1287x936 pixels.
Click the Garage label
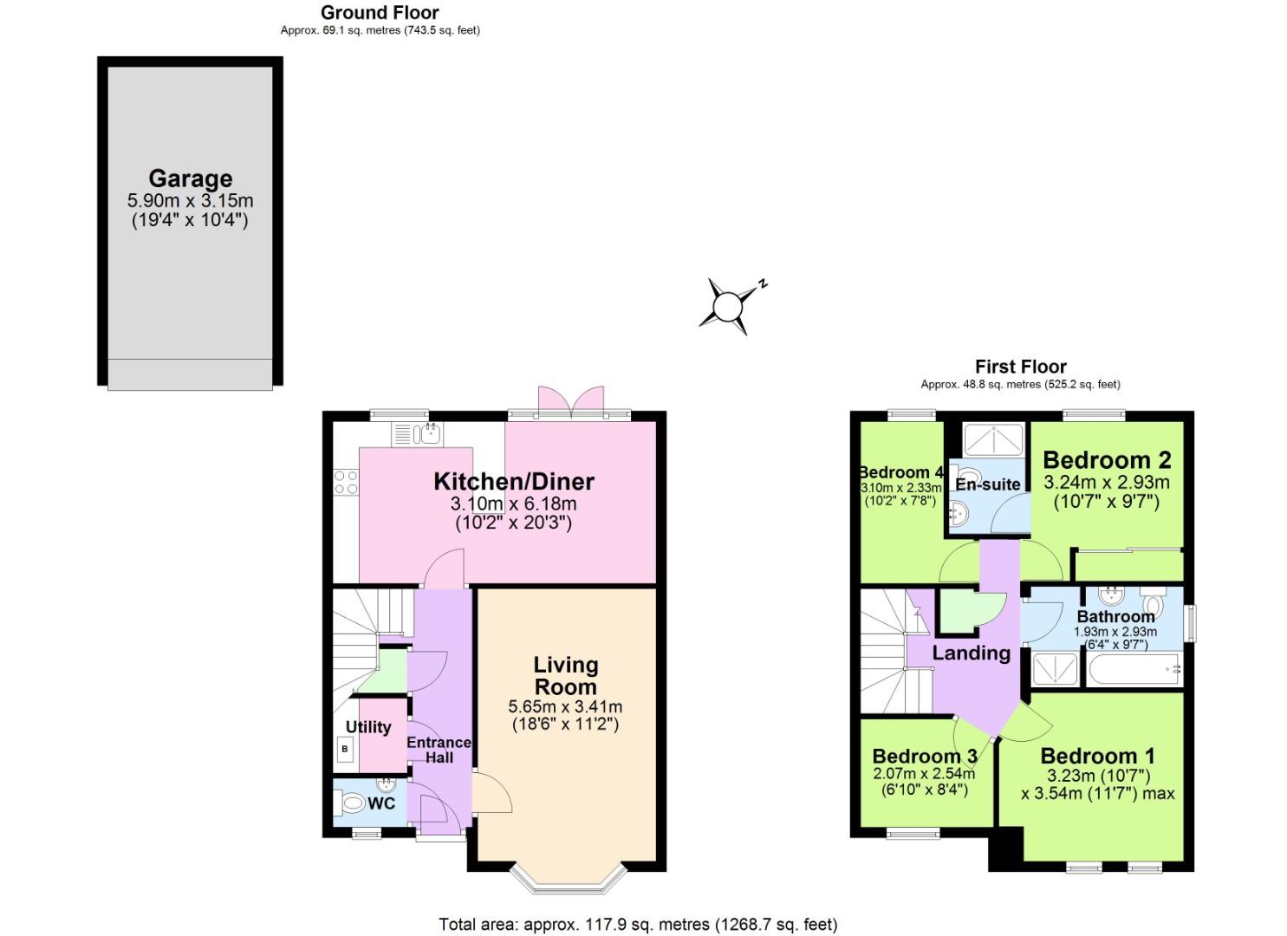[x=190, y=179]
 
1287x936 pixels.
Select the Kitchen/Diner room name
[x=513, y=481]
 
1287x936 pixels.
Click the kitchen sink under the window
[x=418, y=434]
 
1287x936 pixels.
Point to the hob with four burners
[x=346, y=482]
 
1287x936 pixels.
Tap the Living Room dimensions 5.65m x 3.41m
[x=565, y=706]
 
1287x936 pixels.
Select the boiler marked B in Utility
[x=345, y=748]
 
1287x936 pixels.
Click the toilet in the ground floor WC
[x=351, y=804]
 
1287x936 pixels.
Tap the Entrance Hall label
[x=439, y=750]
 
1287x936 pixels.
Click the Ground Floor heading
[x=380, y=12]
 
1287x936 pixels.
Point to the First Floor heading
[x=1020, y=367]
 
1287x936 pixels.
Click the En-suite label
[x=987, y=484]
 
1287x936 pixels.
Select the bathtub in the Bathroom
[x=1132, y=670]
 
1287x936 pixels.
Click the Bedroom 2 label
[x=1107, y=459]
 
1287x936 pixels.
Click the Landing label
[x=971, y=653]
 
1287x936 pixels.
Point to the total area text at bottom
[x=638, y=925]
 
